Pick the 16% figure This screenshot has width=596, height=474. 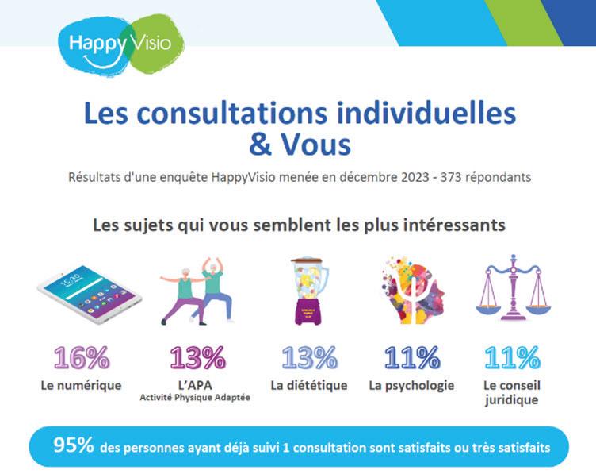click(x=82, y=358)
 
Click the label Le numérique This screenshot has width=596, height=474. click(x=82, y=386)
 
